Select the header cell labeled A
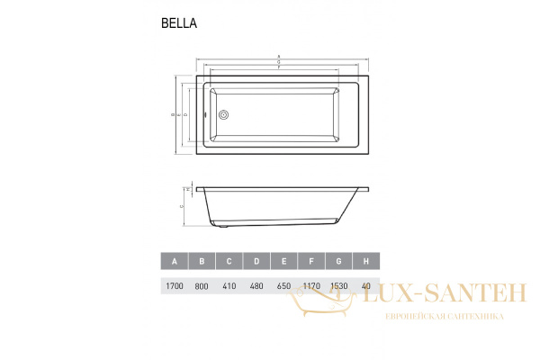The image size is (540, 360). point(175,262)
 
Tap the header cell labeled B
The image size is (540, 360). point(202,262)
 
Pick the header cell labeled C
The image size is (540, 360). point(229,262)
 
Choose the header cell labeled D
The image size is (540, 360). point(256,262)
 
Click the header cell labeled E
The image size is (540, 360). point(283,262)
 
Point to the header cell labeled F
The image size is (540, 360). point(311,262)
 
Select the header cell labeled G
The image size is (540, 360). point(338,262)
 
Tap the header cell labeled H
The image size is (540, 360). point(365,262)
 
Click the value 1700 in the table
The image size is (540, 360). point(175,287)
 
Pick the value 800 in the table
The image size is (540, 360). point(202,287)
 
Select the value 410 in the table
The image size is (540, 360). point(229,287)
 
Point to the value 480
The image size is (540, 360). point(256,287)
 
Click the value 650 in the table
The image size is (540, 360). point(283,287)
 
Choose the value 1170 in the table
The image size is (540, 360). point(311,287)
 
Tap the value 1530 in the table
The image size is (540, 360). point(338,287)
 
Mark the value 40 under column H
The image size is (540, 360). point(365,287)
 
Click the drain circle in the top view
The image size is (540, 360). point(224,114)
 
